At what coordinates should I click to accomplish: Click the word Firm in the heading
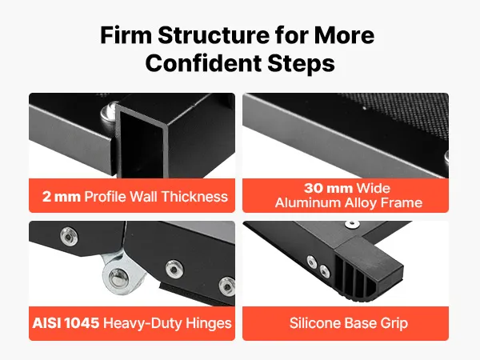tap(126, 35)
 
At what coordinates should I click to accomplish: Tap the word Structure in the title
tap(214, 35)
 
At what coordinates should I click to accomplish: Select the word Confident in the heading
tap(203, 63)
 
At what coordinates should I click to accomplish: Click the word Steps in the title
tap(302, 64)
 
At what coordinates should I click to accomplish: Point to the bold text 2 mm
tap(62, 197)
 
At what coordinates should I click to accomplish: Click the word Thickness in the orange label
tap(194, 196)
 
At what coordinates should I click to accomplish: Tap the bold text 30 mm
tap(329, 188)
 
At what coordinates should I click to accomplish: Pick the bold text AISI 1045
tap(66, 323)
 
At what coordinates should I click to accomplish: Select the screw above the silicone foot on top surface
tap(352, 224)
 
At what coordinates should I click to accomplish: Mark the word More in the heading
tap(344, 35)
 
